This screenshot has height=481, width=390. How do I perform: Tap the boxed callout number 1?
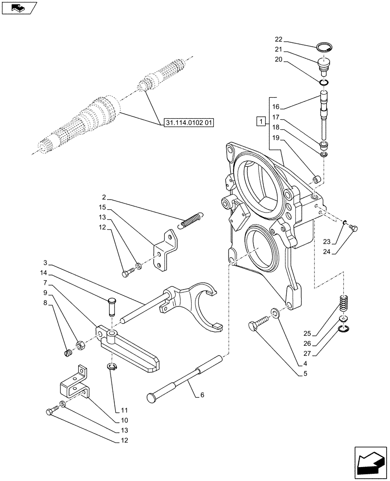pyautogui.click(x=260, y=121)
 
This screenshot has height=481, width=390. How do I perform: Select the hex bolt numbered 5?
pyautogui.click(x=256, y=328)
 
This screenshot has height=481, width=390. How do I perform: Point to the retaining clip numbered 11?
pyautogui.click(x=111, y=368)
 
